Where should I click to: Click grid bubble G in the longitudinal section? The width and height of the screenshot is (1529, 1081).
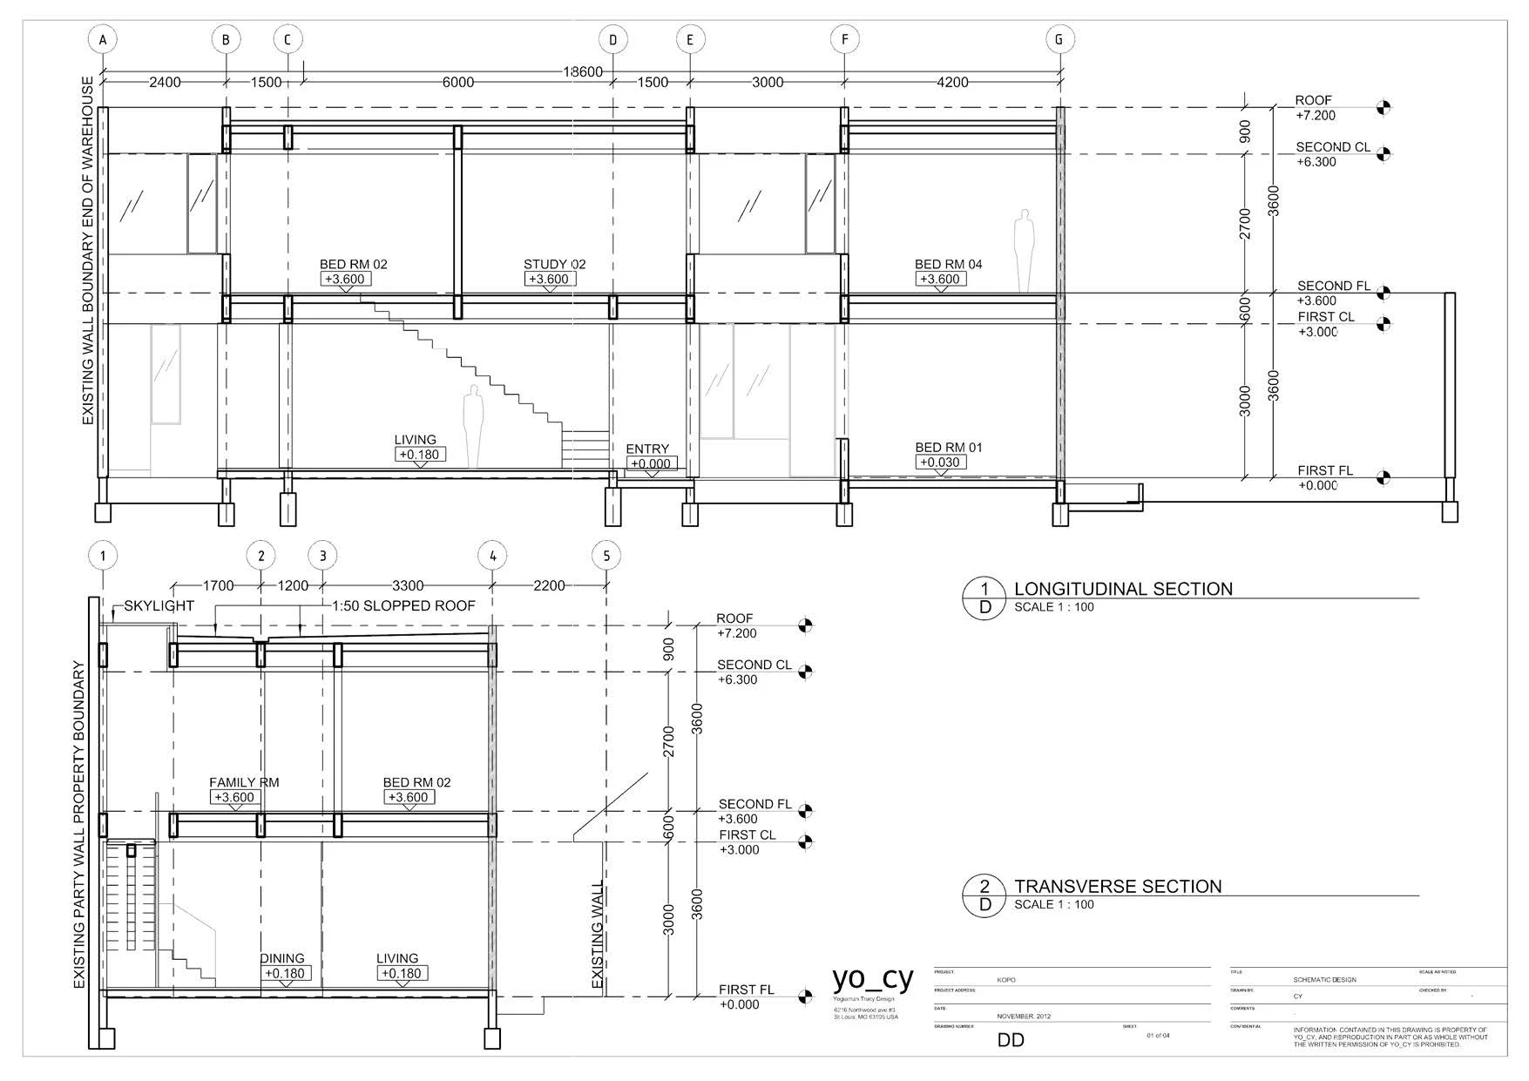point(1059,39)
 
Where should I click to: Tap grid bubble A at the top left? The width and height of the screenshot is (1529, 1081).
point(103,39)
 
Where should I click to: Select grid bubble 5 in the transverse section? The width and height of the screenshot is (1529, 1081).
point(606,556)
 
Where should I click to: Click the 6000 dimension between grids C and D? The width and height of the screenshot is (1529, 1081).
point(458,82)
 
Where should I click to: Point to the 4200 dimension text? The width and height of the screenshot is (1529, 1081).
point(952,82)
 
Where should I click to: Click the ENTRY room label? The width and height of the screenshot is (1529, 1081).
point(647,449)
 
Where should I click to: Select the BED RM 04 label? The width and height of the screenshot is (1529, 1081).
point(948,264)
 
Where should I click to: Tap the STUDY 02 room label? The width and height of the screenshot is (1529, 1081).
point(554,264)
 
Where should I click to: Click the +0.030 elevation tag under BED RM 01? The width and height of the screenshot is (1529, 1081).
point(941,463)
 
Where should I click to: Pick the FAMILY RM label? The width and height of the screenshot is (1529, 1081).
point(244,782)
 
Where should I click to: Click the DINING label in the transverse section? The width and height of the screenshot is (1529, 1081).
point(282,958)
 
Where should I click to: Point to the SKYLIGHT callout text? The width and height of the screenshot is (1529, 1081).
point(159,606)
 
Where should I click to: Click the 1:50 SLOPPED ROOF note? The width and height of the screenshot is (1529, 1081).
point(403,605)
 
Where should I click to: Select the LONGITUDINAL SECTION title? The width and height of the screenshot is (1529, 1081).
point(1123,589)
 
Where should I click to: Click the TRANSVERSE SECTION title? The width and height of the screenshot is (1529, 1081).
point(1118,887)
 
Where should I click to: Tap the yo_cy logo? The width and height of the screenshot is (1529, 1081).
point(873,979)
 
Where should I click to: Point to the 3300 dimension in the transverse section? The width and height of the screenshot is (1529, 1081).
point(408,585)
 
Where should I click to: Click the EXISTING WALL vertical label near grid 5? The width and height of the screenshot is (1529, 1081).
point(598,935)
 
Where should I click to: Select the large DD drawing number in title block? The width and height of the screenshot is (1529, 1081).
point(1011,1040)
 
